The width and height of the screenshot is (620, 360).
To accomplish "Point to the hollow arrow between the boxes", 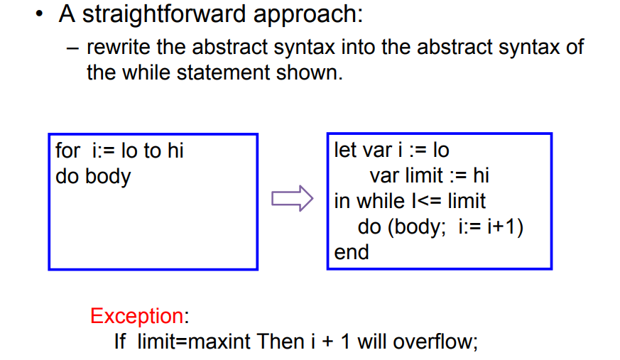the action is pyautogui.click(x=292, y=198).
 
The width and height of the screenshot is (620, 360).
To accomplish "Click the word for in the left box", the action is pyautogui.click(x=68, y=151).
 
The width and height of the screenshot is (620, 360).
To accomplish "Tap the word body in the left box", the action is pyautogui.click(x=107, y=176).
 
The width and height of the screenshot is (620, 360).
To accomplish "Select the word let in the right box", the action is pyautogui.click(x=345, y=151).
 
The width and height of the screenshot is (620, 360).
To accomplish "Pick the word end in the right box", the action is pyautogui.click(x=352, y=252).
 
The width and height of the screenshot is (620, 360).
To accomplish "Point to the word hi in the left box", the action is pyautogui.click(x=175, y=151).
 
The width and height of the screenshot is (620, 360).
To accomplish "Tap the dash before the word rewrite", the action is pyautogui.click(x=75, y=48).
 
